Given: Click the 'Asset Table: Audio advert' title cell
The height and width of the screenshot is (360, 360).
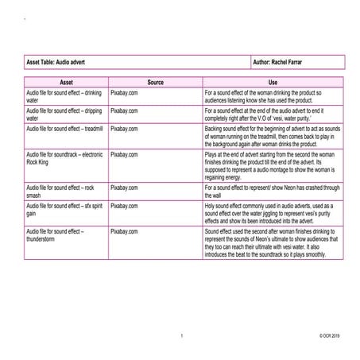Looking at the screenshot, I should coord(55,61).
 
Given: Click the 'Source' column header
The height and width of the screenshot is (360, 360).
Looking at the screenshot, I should coord(155,82).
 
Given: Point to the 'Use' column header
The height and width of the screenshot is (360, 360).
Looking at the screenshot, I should coord(273,82).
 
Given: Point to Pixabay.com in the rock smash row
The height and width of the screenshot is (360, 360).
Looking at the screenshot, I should coord(124,187).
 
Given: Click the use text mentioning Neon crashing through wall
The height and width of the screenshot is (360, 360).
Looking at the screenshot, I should coord(273,191).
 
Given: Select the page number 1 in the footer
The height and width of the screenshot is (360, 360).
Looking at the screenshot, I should coord(181,338).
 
